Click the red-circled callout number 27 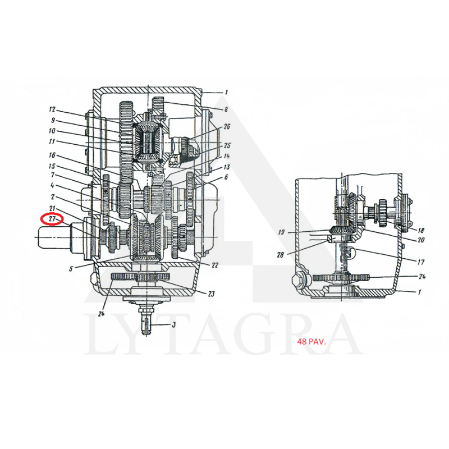(x=52, y=219)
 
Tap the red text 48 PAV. (x=311, y=342)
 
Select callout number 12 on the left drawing (x=52, y=109)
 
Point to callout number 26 (x=227, y=126)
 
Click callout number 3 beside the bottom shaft (x=173, y=325)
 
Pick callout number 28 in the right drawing (x=280, y=254)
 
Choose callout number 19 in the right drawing (x=282, y=232)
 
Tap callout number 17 (x=420, y=262)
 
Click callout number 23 (x=211, y=294)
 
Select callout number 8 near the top (x=226, y=109)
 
